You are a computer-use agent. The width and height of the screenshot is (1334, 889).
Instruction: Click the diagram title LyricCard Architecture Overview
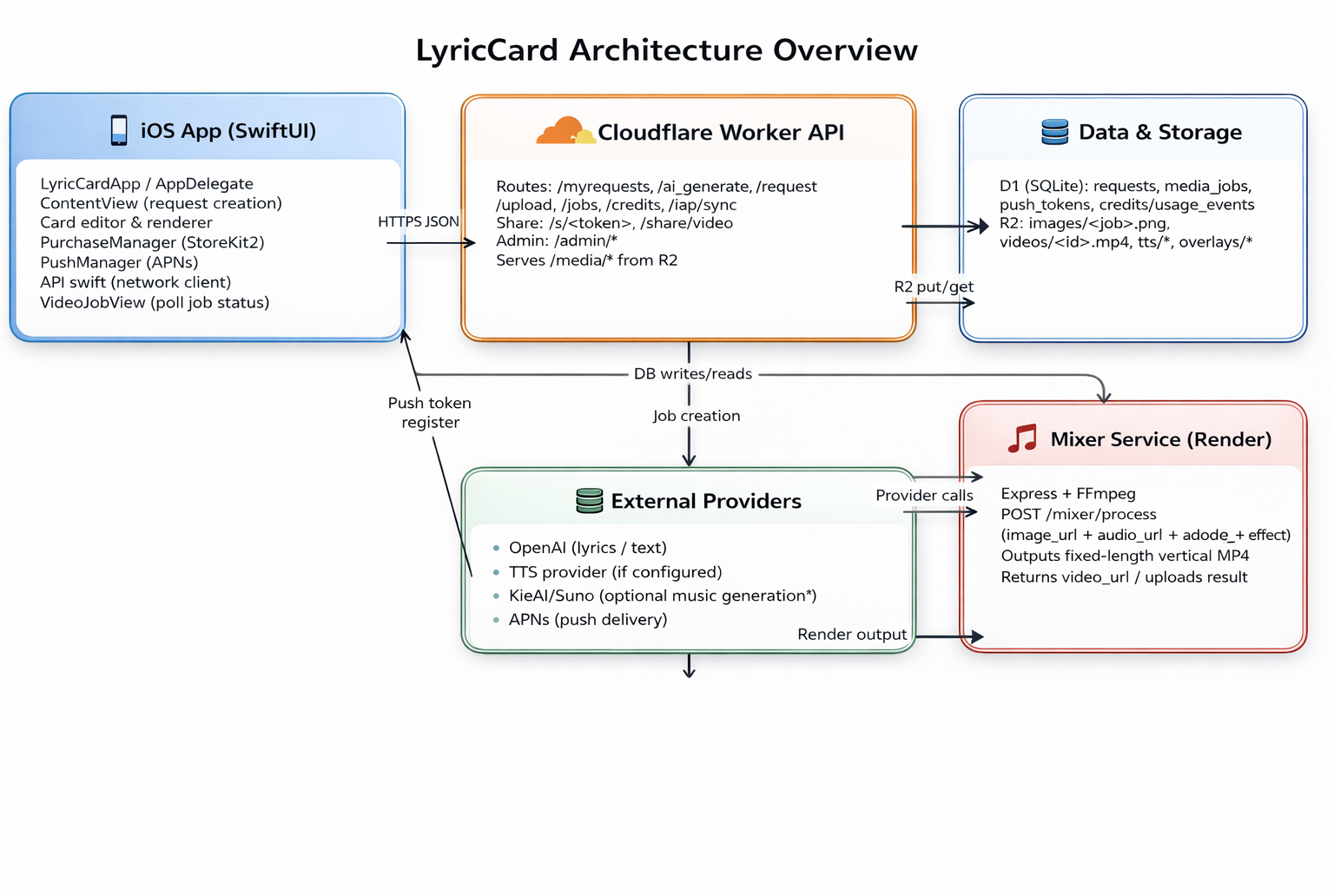point(666,50)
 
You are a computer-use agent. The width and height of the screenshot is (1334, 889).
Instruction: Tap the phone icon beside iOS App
point(119,130)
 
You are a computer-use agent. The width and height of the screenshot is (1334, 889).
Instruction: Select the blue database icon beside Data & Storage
point(1054,132)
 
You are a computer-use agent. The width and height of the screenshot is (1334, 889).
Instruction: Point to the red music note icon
point(1022,438)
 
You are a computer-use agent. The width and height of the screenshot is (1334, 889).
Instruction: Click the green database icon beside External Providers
point(589,501)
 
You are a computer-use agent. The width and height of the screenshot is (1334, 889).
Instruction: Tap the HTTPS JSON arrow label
point(418,222)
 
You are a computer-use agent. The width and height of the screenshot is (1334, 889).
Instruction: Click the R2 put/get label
point(934,286)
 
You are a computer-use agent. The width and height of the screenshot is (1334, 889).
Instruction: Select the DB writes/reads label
point(693,374)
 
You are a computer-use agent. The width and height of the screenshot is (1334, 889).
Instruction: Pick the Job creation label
point(697,416)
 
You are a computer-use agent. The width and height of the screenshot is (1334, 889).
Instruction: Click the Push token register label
point(430,412)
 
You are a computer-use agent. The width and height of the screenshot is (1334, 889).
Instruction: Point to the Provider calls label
point(924,496)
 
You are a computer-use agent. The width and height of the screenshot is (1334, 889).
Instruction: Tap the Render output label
point(851,635)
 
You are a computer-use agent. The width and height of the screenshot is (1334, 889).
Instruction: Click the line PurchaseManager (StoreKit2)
point(152,243)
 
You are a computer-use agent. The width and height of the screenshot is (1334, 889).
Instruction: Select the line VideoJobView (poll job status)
point(155,303)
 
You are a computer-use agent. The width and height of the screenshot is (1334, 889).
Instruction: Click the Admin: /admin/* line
point(557,241)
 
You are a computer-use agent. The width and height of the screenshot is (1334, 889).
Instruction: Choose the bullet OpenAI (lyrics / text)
point(587,548)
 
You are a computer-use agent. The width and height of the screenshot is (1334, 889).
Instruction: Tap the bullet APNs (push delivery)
point(587,620)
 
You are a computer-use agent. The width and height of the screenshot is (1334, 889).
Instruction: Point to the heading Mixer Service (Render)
point(1160,439)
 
